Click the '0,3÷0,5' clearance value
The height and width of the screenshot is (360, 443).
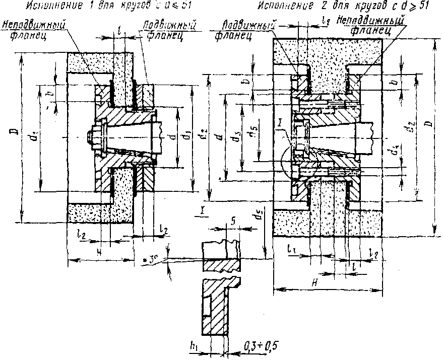(261, 346)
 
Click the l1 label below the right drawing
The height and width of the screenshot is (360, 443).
(291, 249)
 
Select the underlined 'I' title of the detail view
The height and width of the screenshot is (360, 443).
(202, 210)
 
